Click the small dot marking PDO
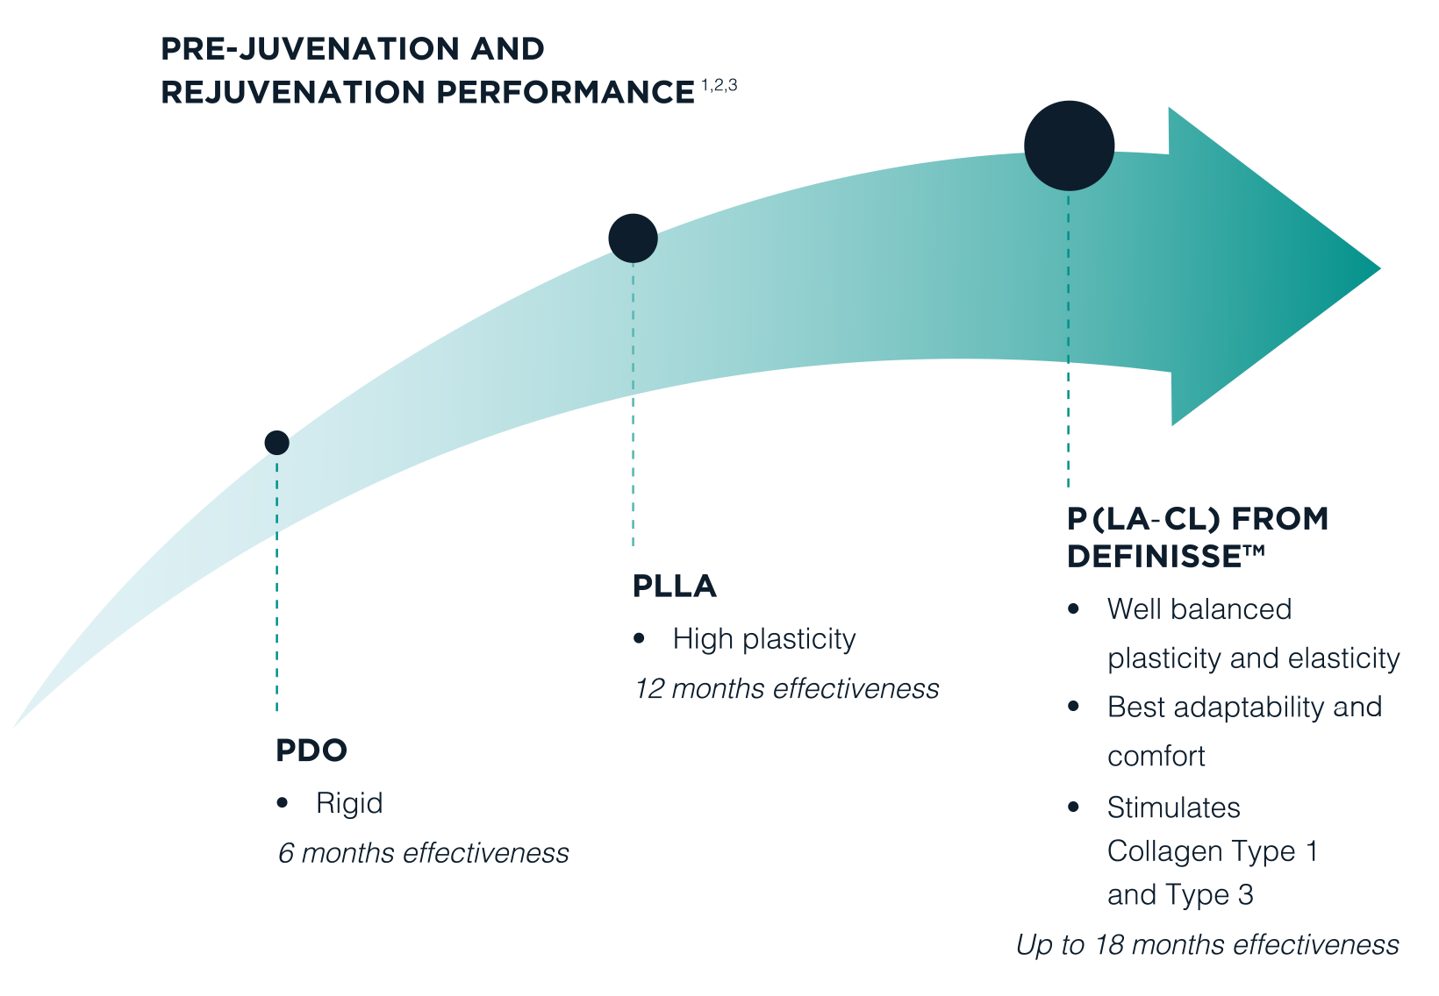click(x=276, y=443)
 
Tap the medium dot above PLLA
click(x=633, y=238)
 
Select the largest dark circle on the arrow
click(x=1069, y=146)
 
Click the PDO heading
click(x=311, y=751)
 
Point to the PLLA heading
click(x=674, y=587)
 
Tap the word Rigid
click(x=349, y=803)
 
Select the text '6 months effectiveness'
click(x=423, y=853)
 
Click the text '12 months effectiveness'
click(x=786, y=689)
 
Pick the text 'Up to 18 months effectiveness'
click(x=1207, y=944)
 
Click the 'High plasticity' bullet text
click(x=763, y=639)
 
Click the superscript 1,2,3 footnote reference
click(x=719, y=85)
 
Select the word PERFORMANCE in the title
click(x=565, y=92)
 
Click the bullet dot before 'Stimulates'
click(x=1073, y=807)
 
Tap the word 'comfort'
click(x=1156, y=756)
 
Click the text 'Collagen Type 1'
click(x=1212, y=850)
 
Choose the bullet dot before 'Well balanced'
click(x=1073, y=608)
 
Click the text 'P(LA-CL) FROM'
click(x=1197, y=519)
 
